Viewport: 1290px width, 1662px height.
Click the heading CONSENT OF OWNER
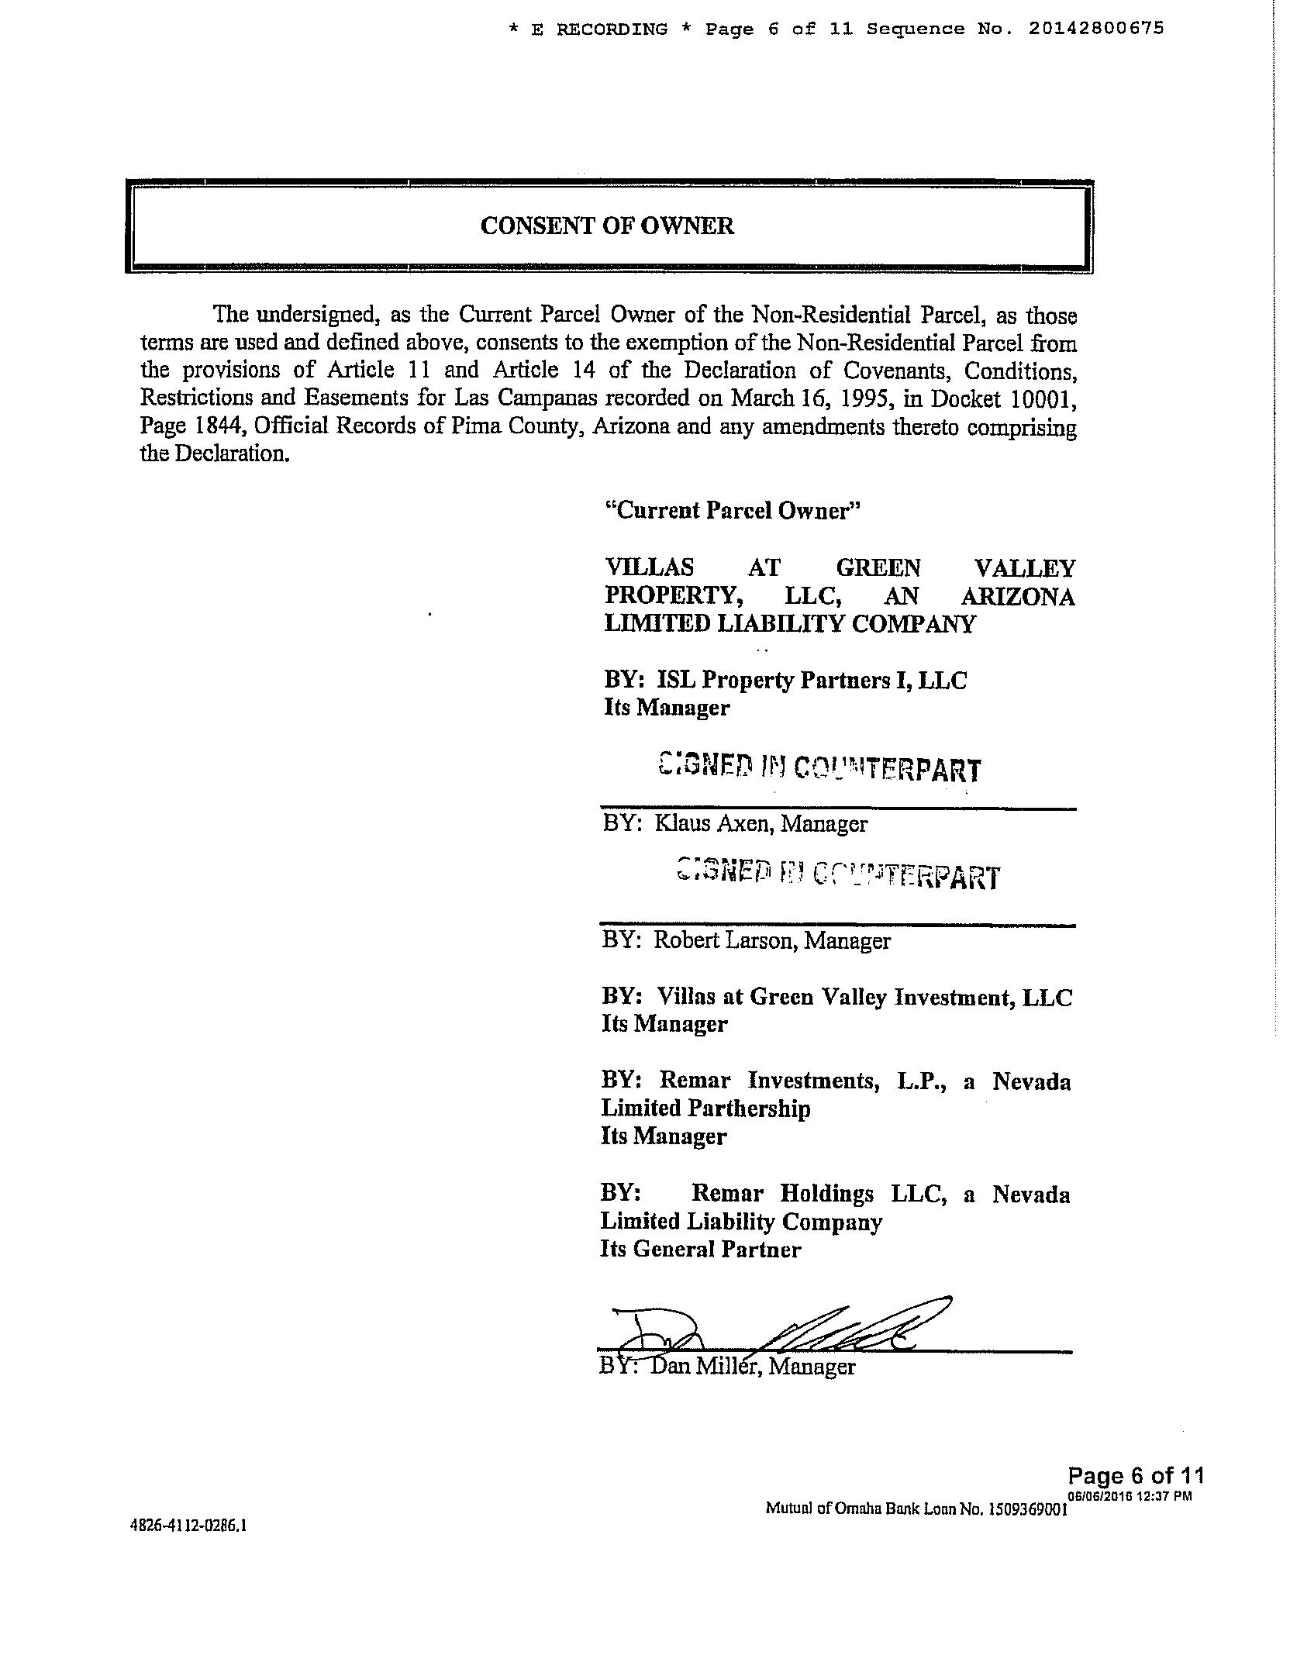(x=607, y=226)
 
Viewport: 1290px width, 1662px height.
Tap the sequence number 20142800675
(x=1096, y=29)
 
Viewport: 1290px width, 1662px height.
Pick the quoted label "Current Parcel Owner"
(x=733, y=511)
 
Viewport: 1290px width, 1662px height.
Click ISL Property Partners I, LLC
(x=812, y=681)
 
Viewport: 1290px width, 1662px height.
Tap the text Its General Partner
(x=700, y=1249)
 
